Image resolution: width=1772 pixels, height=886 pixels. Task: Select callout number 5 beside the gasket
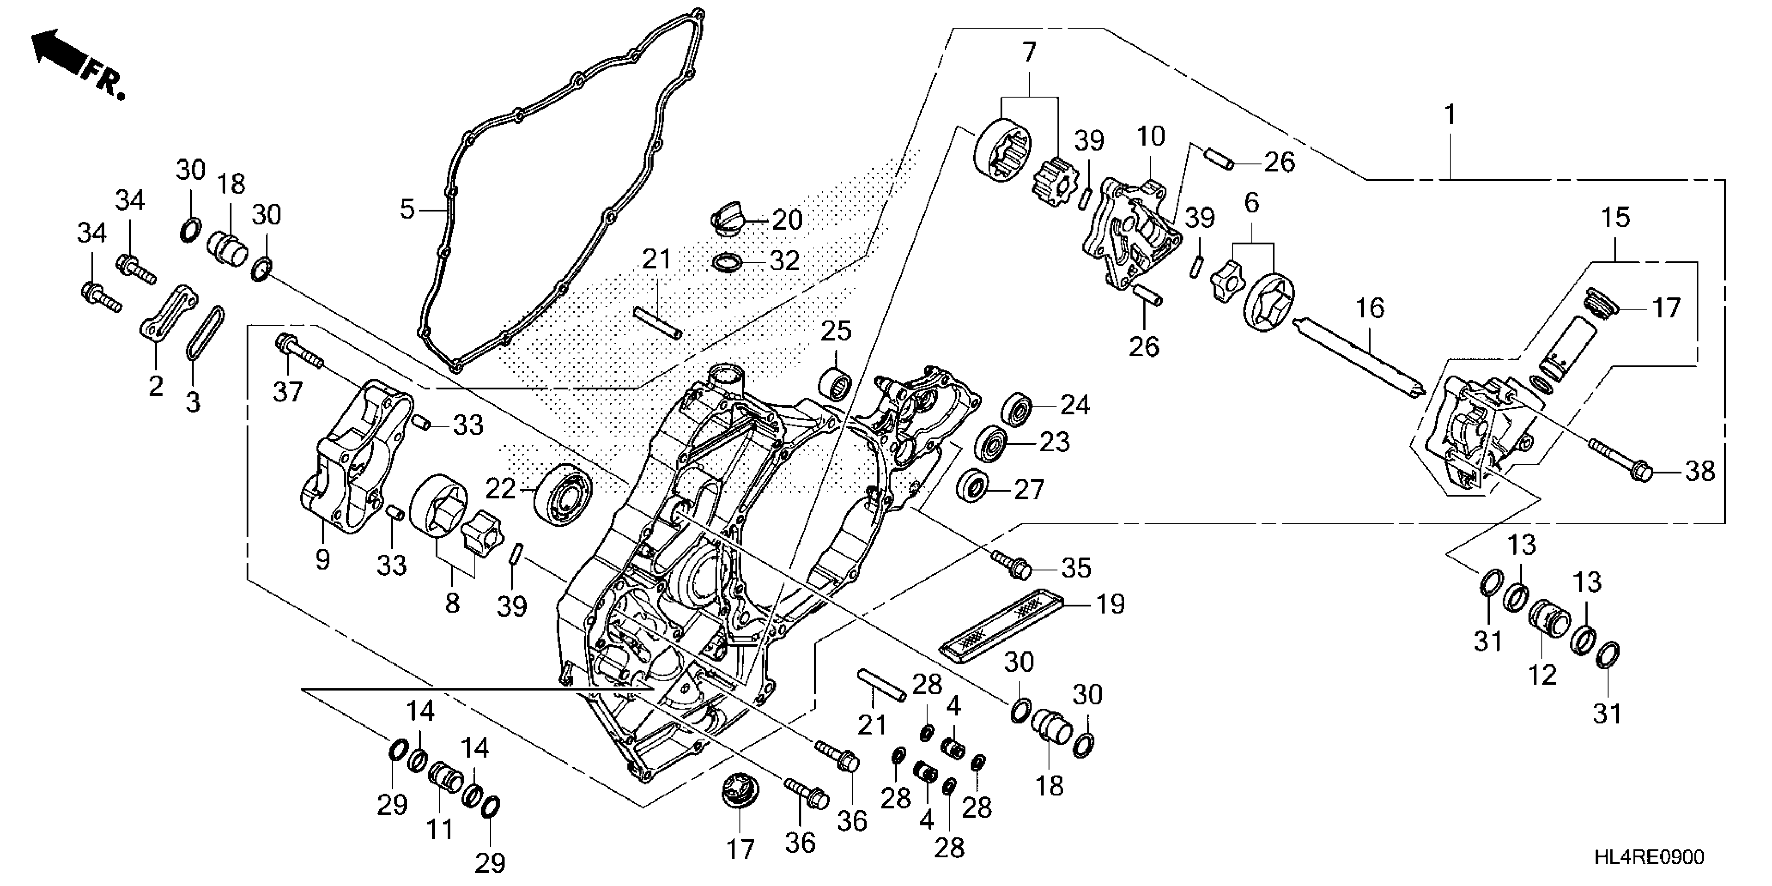coord(407,208)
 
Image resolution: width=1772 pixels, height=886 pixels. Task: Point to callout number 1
coord(1449,114)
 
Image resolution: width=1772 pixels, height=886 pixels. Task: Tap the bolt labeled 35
coord(1011,563)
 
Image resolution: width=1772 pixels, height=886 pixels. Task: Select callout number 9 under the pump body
coord(322,559)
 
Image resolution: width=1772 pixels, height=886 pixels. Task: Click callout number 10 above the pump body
coord(1150,137)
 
